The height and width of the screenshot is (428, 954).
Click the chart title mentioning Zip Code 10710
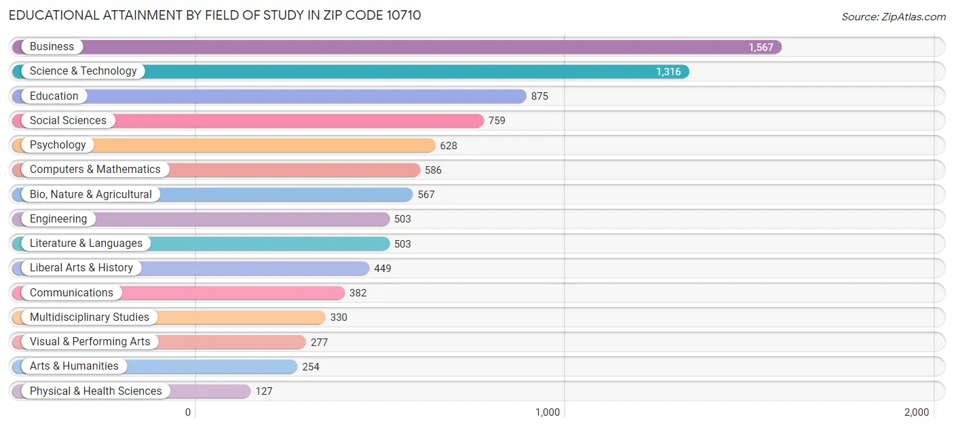point(214,15)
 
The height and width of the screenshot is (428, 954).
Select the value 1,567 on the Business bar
point(761,47)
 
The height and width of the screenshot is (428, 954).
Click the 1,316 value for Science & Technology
point(668,72)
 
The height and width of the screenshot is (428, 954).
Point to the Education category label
point(54,96)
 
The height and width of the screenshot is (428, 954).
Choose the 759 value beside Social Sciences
point(497,121)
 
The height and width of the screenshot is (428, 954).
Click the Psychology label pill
point(58,145)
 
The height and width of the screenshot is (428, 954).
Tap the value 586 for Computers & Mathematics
point(433,170)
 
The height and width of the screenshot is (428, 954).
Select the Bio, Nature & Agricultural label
point(90,195)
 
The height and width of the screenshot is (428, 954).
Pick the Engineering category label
point(58,219)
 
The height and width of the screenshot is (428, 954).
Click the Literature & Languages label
point(86,244)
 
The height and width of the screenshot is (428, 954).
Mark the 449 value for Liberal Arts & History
point(383,269)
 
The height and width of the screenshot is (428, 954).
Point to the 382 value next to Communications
point(358,293)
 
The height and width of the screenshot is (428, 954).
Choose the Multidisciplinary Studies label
point(89,317)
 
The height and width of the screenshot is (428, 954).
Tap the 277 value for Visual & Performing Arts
point(319,343)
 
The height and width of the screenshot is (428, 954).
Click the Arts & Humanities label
point(74,366)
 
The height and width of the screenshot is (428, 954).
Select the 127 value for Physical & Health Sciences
point(264,391)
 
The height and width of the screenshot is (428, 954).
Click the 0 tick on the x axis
point(189,412)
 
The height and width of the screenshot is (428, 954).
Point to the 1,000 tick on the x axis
point(548,412)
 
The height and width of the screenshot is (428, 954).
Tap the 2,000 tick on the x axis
point(916,412)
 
